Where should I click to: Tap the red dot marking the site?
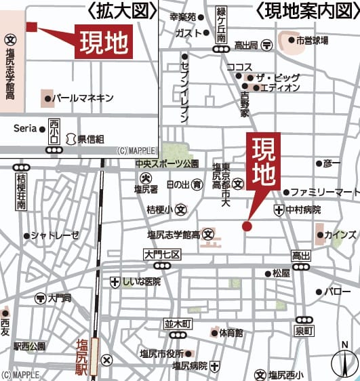click(247, 226)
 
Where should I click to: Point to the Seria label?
click(25, 127)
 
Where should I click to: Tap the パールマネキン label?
click(83, 98)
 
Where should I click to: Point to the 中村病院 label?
click(303, 210)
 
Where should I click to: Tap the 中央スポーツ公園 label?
click(166, 164)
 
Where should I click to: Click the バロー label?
click(337, 292)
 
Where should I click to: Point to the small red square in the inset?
click(30, 26)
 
